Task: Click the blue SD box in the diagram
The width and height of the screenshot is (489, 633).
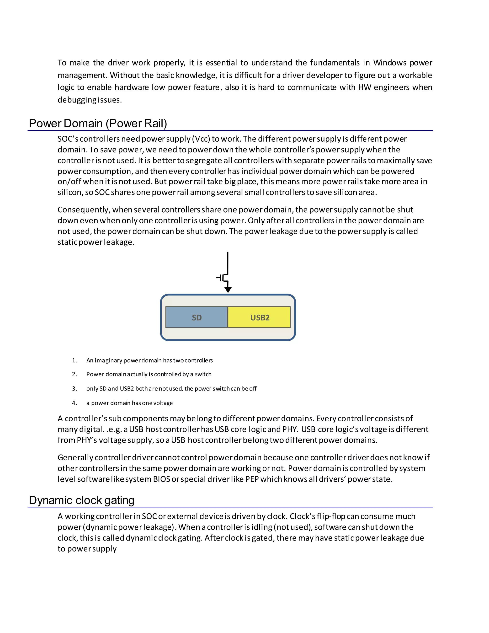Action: click(x=197, y=317)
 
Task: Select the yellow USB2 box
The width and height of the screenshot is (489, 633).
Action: click(x=259, y=317)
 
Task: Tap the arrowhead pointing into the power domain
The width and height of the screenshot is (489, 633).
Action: click(x=228, y=290)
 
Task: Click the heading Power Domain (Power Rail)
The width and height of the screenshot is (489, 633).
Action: click(x=98, y=123)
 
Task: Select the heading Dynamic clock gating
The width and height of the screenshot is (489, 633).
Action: click(x=81, y=500)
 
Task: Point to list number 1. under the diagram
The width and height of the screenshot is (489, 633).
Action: click(x=74, y=360)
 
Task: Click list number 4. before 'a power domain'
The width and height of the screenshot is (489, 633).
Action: click(x=74, y=403)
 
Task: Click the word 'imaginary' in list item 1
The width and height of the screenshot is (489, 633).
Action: click(x=108, y=360)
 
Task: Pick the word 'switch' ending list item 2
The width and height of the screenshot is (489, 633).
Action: click(x=203, y=374)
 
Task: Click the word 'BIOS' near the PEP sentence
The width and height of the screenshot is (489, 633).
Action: click(x=161, y=479)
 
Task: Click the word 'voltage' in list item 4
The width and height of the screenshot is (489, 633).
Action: click(x=164, y=403)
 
